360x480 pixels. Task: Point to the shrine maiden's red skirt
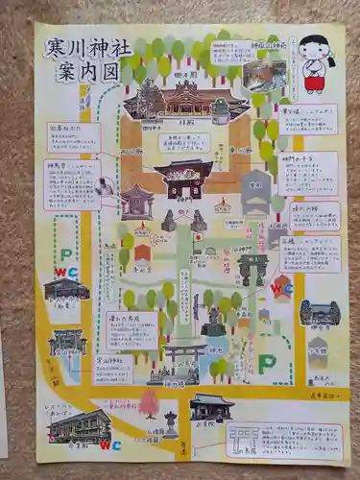click(x=314, y=84)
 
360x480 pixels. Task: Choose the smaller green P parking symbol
click(x=65, y=255)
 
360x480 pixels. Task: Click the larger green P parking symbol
click(x=267, y=365)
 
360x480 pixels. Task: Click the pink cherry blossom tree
click(x=149, y=403)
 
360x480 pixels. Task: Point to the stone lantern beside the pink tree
click(x=171, y=423)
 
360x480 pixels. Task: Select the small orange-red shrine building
click(x=142, y=253)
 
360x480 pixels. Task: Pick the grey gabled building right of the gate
click(x=255, y=193)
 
